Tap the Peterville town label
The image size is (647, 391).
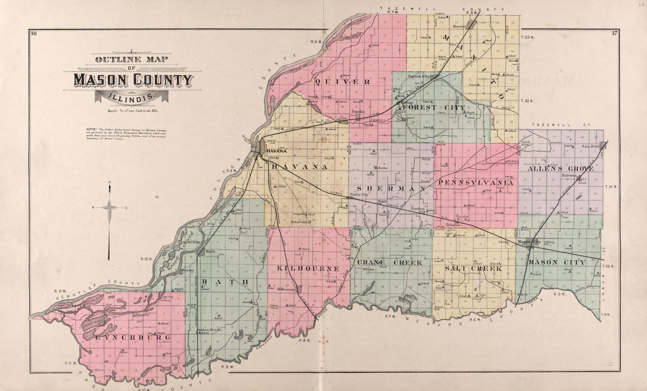coord(299,222)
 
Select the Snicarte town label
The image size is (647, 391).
coord(143,315)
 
